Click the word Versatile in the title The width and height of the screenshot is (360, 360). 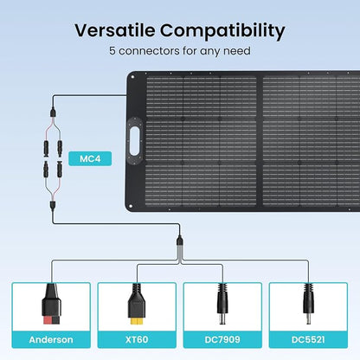pos(115,30)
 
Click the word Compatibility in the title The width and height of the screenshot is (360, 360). pos(222,31)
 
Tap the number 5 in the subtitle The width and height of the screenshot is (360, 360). pos(112,51)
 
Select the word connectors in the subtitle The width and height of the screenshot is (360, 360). pos(149,51)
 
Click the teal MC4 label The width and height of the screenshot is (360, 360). pos(90,158)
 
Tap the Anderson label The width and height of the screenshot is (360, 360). pos(51,339)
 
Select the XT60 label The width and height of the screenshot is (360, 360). pos(137,339)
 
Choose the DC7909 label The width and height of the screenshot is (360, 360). pos(222,339)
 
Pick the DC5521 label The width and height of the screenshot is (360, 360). pos(308,339)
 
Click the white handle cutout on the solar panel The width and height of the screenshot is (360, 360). pos(134,141)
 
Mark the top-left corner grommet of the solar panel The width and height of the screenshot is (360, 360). pos(132,77)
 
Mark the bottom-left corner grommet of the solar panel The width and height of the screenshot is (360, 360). pos(131,206)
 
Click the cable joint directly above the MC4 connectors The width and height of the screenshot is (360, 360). pos(53,112)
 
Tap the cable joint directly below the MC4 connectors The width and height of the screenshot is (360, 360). pos(53,206)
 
